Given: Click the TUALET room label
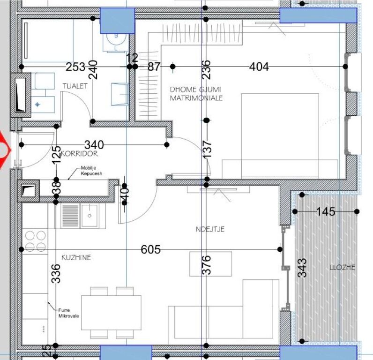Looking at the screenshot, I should click(x=75, y=86).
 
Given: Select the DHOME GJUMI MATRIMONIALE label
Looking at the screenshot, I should click(x=196, y=94).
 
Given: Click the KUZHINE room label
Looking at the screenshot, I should click(x=76, y=257).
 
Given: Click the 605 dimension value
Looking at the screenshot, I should click(x=150, y=249).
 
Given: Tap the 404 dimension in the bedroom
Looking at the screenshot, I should click(x=259, y=67).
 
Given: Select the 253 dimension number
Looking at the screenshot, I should click(x=75, y=67).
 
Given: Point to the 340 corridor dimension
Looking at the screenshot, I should click(x=94, y=144).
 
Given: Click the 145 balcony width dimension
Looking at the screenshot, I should click(x=325, y=212).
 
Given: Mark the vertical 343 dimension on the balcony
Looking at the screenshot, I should click(x=303, y=268).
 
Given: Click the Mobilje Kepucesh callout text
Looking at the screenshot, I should click(x=92, y=171).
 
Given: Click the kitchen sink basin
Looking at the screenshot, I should click(x=89, y=216).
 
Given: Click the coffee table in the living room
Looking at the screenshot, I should click(x=210, y=264).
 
